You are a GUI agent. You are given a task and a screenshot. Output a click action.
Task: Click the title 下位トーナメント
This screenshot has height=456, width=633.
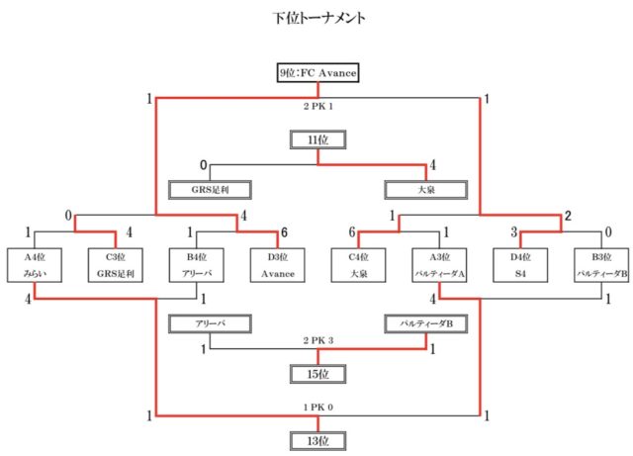(x=316, y=18)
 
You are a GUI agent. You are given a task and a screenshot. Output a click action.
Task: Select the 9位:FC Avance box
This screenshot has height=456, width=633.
(x=316, y=73)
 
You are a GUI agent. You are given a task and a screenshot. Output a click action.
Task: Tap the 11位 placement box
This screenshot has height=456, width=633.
(x=316, y=140)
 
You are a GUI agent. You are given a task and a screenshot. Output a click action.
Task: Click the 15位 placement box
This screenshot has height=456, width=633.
(x=316, y=375)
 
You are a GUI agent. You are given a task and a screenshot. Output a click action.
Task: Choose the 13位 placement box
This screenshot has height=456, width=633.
(x=316, y=440)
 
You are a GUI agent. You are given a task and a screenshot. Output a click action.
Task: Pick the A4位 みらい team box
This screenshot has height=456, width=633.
(x=36, y=266)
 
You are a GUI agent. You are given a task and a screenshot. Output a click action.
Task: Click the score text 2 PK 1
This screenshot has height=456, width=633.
(x=316, y=105)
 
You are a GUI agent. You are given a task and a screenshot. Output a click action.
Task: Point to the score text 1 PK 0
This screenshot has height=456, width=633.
(x=316, y=408)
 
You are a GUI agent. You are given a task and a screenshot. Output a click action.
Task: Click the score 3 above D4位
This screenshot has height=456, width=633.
(x=513, y=232)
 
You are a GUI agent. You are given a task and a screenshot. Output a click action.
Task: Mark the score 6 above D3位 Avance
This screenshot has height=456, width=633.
(x=284, y=232)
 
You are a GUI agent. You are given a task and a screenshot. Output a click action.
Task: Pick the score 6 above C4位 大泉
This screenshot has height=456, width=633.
(x=352, y=232)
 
